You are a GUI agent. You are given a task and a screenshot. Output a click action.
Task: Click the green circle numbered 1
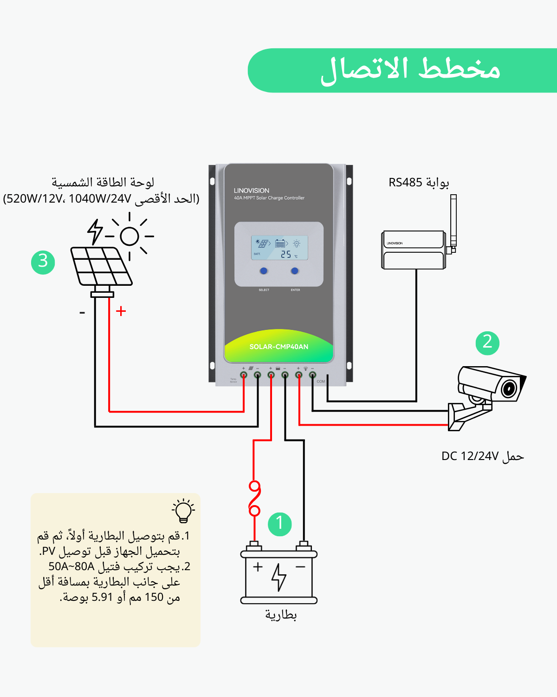click(x=280, y=524)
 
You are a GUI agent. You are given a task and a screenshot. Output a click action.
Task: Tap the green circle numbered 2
click(x=487, y=343)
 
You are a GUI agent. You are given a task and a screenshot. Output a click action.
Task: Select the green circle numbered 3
click(x=43, y=262)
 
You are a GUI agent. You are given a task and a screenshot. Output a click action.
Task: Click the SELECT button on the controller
click(x=264, y=271)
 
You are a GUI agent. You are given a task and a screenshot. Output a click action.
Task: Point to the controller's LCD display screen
click(x=279, y=248)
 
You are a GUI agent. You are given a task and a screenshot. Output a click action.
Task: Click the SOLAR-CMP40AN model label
click(x=278, y=347)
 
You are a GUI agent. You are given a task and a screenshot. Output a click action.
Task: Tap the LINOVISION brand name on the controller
click(x=252, y=191)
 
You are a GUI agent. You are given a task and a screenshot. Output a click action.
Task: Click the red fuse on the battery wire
click(x=254, y=499)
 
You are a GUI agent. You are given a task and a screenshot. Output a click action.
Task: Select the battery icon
click(x=279, y=574)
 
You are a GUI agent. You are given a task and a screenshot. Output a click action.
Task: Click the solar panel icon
click(x=101, y=267)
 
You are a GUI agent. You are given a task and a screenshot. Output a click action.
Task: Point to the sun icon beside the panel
click(x=130, y=236)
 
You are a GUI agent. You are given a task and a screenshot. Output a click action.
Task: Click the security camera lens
click(x=509, y=388)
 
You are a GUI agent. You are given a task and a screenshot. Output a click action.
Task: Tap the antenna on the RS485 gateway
click(x=453, y=221)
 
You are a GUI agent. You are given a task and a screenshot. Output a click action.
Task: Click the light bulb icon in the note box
click(x=183, y=511)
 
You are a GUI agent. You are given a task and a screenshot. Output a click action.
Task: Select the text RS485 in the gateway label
click(x=405, y=183)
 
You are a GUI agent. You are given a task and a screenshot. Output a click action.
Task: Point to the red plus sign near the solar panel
click(x=121, y=311)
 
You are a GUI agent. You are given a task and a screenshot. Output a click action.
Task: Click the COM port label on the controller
click(x=321, y=381)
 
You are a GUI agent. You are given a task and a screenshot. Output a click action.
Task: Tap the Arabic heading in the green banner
click(x=410, y=70)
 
